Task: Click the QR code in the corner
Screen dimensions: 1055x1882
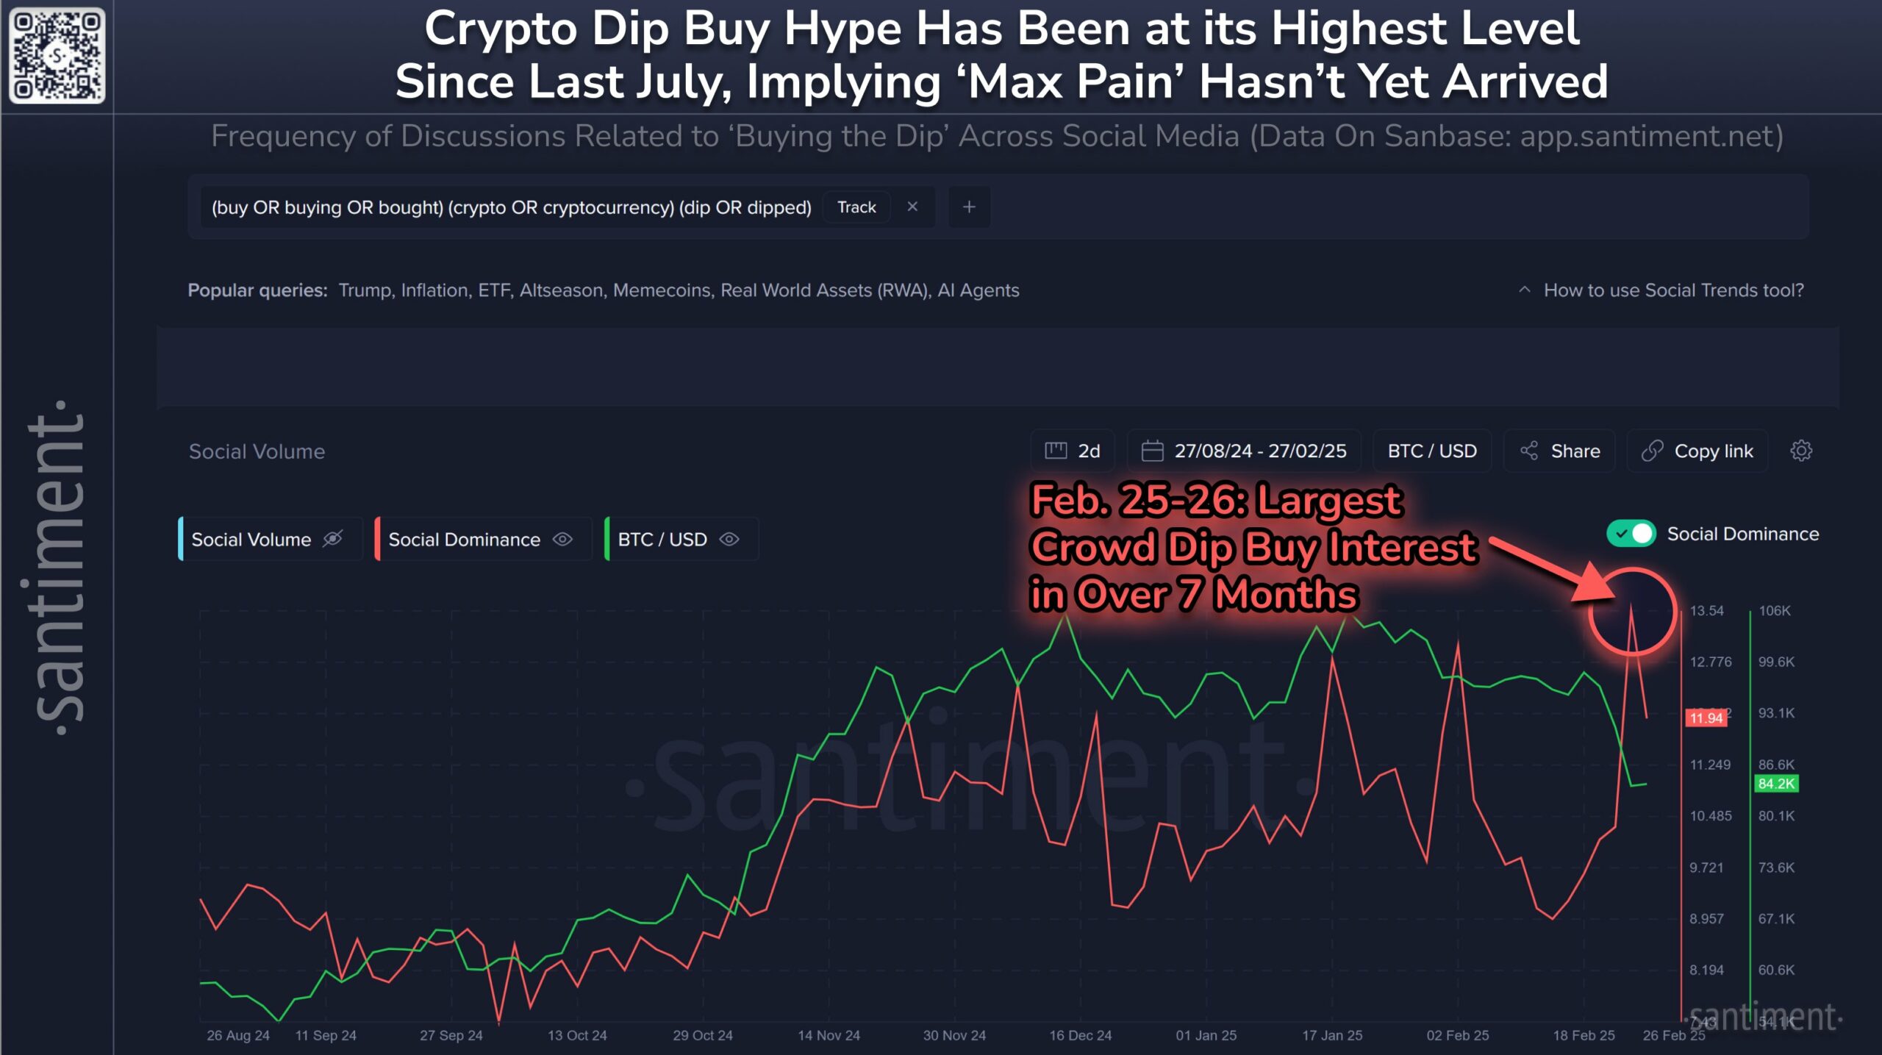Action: click(57, 56)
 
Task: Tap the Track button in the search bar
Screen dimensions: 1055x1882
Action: click(856, 207)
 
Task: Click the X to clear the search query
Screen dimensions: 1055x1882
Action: click(912, 207)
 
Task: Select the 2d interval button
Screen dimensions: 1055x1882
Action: click(1073, 451)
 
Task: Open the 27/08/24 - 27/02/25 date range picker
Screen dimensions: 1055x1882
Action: click(1244, 451)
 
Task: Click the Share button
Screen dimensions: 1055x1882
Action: click(1559, 451)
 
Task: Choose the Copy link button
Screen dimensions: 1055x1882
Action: click(1697, 451)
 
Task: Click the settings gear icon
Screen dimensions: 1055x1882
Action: click(1800, 451)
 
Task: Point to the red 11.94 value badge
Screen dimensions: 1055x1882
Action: click(1706, 718)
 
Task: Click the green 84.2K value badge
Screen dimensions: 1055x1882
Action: click(1775, 784)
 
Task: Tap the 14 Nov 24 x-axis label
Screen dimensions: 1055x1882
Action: click(829, 1035)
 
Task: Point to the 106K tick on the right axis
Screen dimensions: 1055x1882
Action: click(1774, 611)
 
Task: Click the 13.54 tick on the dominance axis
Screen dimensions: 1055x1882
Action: click(1706, 611)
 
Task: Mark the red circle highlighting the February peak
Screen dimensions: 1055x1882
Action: click(1633, 612)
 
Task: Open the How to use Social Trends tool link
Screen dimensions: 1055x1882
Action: click(1672, 290)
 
